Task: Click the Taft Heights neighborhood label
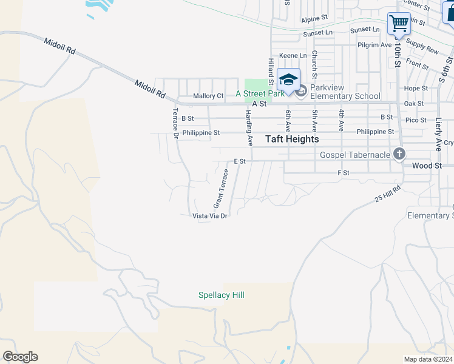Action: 292,139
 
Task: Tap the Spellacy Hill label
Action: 222,295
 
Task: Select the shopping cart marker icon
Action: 399,24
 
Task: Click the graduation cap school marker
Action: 288,79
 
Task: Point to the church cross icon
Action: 399,154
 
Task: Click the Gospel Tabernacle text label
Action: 354,155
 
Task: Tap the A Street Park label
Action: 260,93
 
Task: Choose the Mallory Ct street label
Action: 208,96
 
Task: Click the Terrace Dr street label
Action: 175,123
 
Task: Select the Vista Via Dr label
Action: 209,216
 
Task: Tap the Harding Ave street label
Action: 249,127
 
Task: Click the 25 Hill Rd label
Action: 388,195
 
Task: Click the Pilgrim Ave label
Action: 375,45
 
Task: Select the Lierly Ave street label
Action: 438,134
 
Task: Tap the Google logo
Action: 20,357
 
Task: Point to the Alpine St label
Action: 315,19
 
